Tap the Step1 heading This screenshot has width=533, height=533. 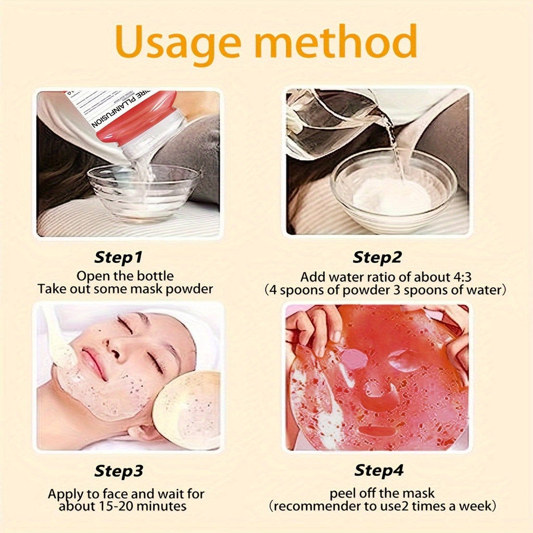coord(119,257)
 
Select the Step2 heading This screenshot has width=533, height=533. coord(378,257)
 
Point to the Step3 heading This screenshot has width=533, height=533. coord(119,471)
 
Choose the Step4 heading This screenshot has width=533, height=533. coord(378,471)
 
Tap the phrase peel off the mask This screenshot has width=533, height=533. coord(382,492)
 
